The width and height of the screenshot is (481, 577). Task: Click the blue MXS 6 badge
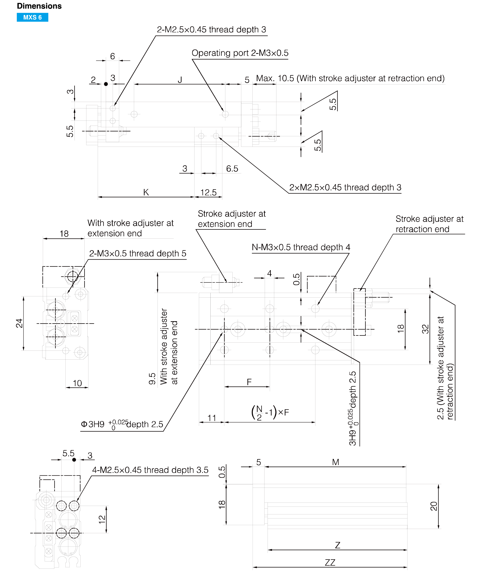[33, 17]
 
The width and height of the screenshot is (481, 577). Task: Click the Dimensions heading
[39, 6]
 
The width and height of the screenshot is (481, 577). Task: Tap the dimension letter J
[180, 80]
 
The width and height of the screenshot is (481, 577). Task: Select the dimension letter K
[146, 192]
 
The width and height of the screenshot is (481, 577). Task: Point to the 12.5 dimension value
[208, 192]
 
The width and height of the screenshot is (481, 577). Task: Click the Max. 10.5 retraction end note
[350, 78]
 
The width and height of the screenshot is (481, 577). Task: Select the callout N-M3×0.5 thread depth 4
[301, 247]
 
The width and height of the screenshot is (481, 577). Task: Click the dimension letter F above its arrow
[249, 382]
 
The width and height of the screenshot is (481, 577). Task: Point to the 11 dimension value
[212, 418]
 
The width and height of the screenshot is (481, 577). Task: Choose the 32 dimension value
[425, 329]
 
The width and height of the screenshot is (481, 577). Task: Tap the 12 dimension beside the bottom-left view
[102, 519]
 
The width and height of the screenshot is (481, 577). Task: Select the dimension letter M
[335, 462]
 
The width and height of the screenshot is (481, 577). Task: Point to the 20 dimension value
[434, 506]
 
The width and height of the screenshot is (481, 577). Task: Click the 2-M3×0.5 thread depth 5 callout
[138, 253]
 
